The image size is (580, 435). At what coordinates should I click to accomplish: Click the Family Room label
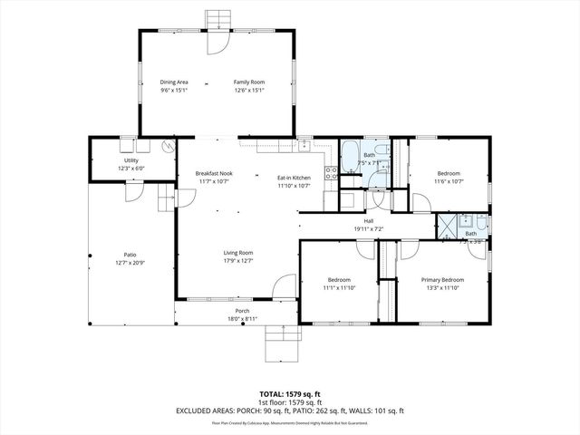[x=248, y=82]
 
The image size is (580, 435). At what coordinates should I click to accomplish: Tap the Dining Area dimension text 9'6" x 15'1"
[x=175, y=90]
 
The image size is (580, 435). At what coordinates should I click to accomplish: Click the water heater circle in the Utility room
[x=168, y=146]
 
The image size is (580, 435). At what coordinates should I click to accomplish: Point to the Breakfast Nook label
[x=214, y=173]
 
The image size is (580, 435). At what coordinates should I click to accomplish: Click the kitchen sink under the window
[x=305, y=145]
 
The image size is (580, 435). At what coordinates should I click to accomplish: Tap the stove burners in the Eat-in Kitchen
[x=332, y=171]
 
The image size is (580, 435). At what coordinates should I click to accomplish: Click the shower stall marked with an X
[x=446, y=226]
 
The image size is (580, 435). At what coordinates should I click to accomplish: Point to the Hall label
[x=369, y=221]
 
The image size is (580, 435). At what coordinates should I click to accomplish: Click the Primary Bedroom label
[x=442, y=280]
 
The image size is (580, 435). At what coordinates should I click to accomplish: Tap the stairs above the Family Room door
[x=218, y=20]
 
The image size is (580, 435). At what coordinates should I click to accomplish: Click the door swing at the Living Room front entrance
[x=285, y=286]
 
